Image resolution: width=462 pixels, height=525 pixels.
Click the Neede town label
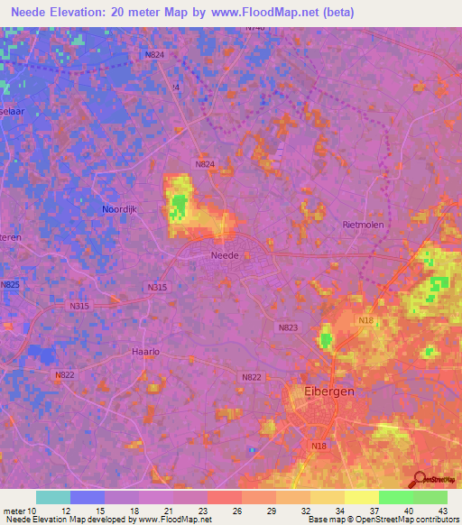coord(225,255)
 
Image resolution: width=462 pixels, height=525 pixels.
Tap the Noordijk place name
coord(120,209)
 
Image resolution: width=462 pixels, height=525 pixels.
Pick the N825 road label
coord(10,285)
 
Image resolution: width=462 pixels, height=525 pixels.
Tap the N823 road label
coord(288,328)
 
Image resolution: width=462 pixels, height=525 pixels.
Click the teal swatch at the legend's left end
coord(53,497)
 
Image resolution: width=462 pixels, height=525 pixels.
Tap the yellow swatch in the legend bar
coord(362,497)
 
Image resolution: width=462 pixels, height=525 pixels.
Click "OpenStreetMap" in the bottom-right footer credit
coord(402,520)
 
